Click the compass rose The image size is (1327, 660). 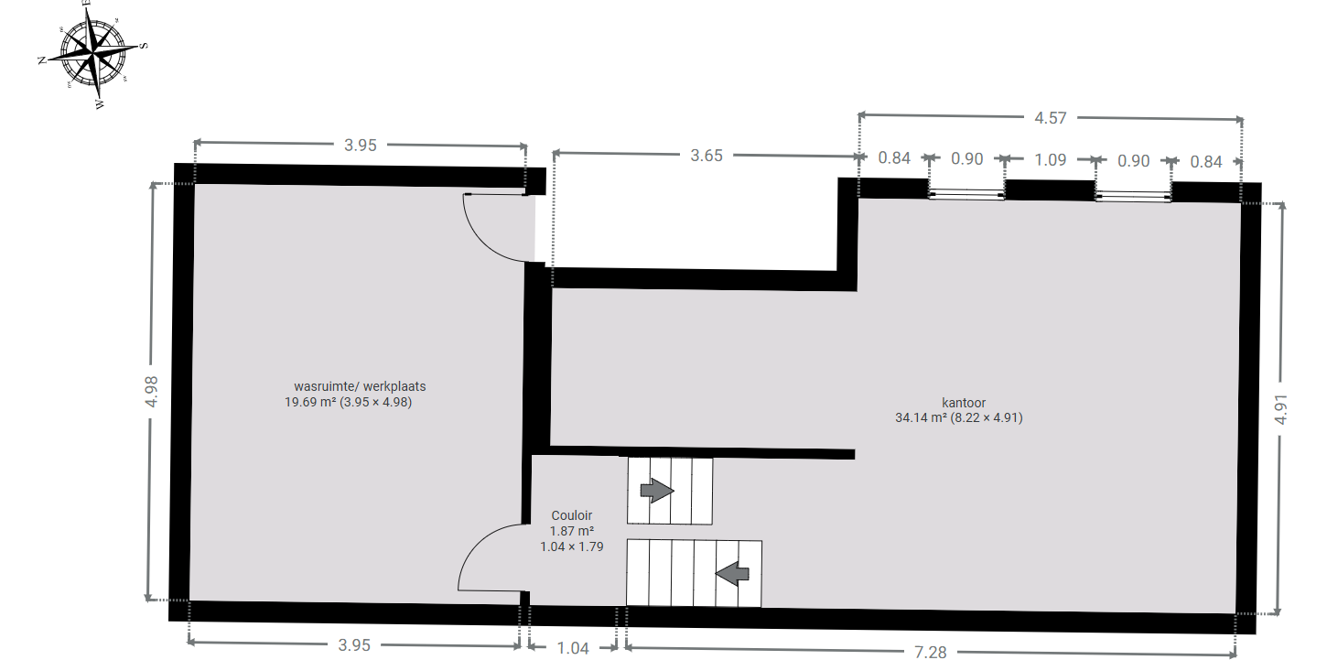(92, 55)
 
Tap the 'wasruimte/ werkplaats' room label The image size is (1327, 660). (360, 386)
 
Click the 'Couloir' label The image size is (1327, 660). (572, 515)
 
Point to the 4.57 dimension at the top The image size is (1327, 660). (1051, 118)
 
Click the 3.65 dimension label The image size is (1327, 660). (707, 156)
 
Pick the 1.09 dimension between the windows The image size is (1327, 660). (1051, 159)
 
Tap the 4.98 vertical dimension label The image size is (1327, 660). (152, 392)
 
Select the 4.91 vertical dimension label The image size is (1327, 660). (1281, 409)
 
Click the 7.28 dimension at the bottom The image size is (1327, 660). (931, 652)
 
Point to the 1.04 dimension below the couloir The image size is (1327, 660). (573, 648)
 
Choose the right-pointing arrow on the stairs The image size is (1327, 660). (657, 491)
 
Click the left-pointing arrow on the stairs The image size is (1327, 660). (732, 574)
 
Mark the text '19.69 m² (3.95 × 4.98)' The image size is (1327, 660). (349, 402)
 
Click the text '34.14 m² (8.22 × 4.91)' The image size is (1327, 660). (959, 417)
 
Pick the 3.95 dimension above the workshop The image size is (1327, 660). (361, 146)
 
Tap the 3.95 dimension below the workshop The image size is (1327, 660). (354, 644)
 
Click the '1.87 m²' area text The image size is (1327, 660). (572, 531)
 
